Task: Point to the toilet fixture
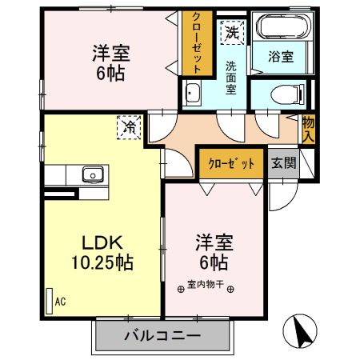[x=276, y=93]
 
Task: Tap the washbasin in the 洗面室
[x=193, y=94]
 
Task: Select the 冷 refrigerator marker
[x=128, y=126]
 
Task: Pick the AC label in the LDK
[x=59, y=301]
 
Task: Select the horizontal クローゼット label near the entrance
[x=232, y=163]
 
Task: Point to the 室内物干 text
[x=206, y=284]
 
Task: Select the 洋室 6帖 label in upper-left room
[x=111, y=62]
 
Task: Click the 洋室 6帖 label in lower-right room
[x=212, y=252]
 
